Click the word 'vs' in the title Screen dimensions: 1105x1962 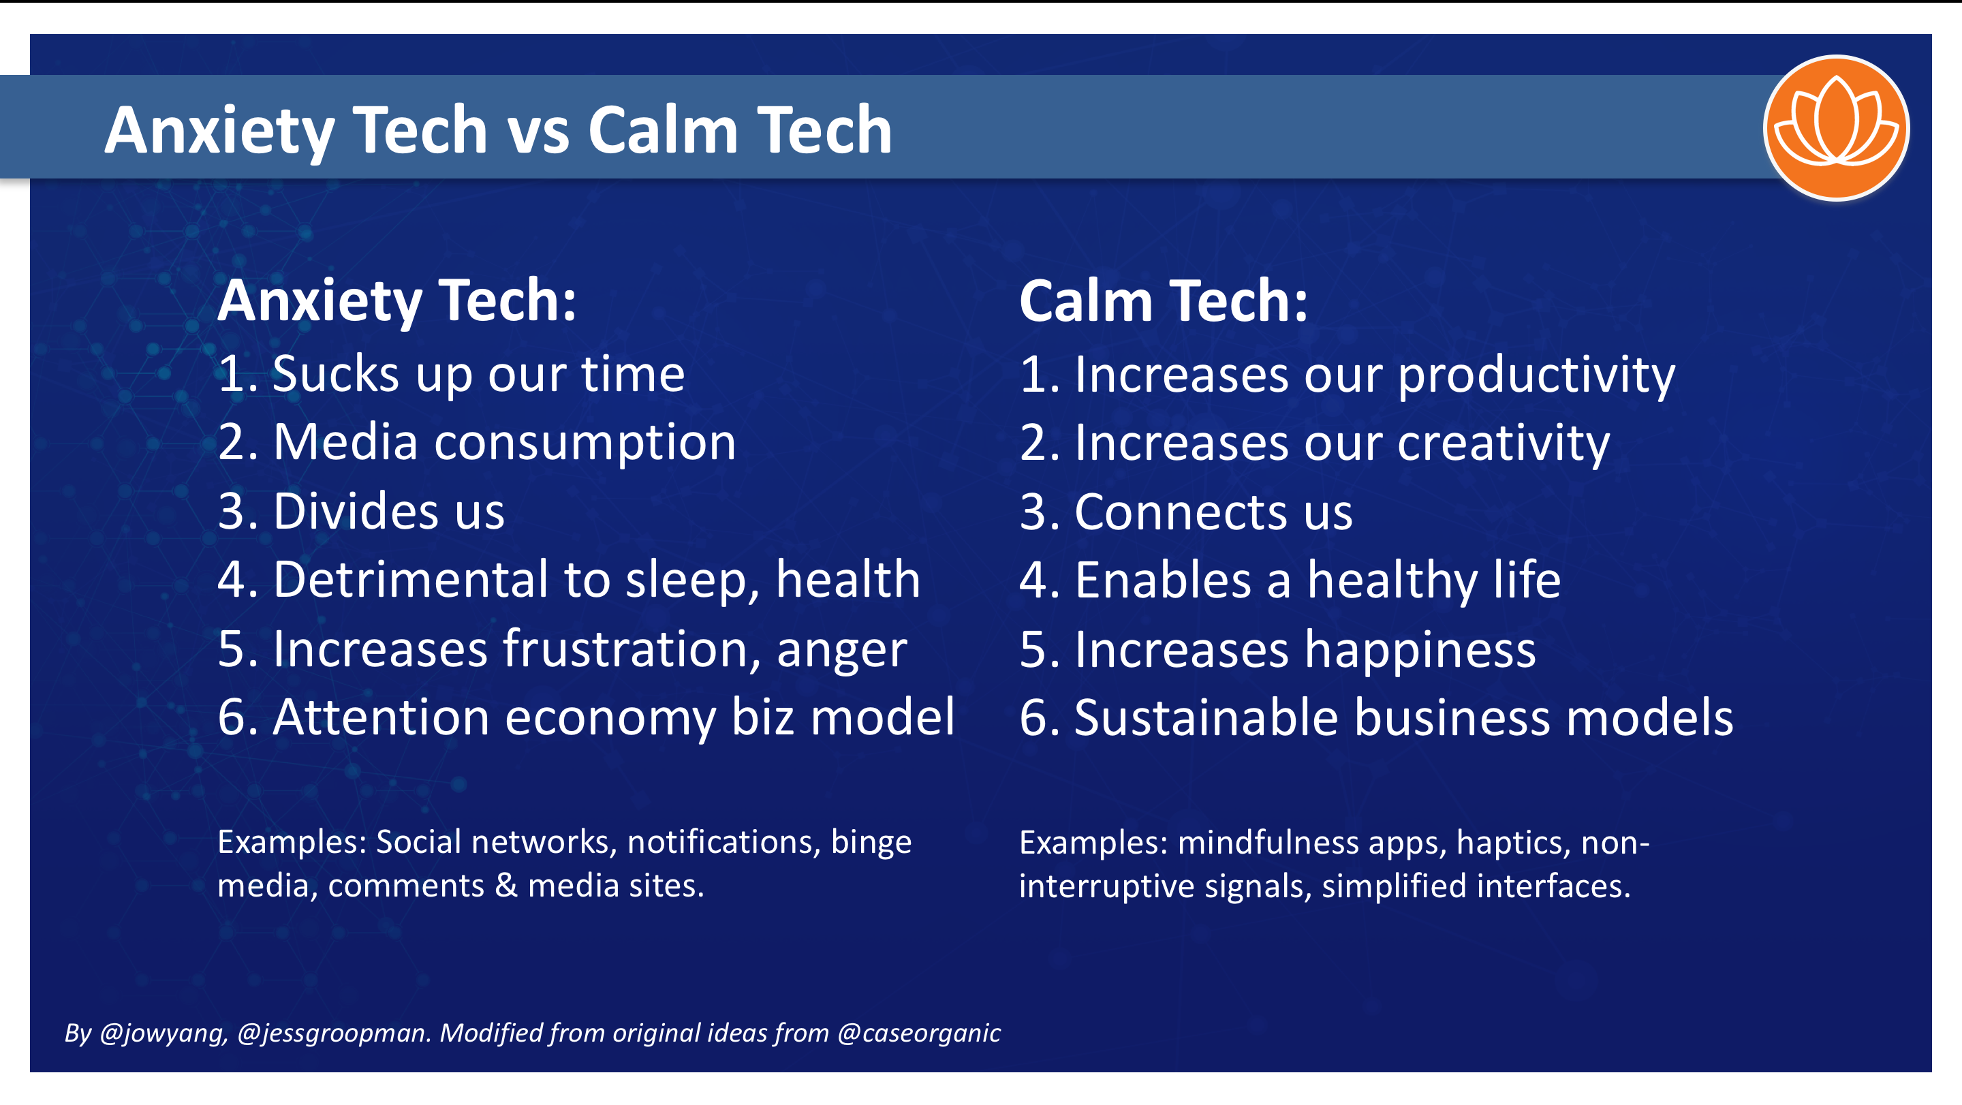(x=538, y=131)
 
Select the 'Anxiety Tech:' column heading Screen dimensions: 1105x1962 (x=396, y=302)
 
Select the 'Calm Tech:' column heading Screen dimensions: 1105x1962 (x=1163, y=302)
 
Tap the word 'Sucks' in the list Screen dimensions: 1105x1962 (x=335, y=375)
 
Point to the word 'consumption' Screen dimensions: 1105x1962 (x=585, y=443)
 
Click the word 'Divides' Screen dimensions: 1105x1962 (x=355, y=511)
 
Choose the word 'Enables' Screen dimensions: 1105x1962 (x=1162, y=580)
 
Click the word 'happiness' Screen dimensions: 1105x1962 (x=1420, y=651)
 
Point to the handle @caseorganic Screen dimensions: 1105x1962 (x=918, y=1033)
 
